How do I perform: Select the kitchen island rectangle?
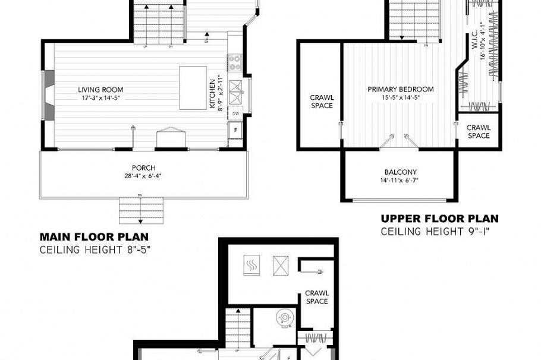pos(193,87)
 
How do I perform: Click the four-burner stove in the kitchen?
pos(234,62)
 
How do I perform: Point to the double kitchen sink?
pos(235,89)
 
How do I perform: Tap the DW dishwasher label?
pos(236,113)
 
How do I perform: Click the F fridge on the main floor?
pos(236,128)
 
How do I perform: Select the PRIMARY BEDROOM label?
pos(400,89)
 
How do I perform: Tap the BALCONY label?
pos(400,172)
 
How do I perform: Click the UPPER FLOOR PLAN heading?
pos(439,219)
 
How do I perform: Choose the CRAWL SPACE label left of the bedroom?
pos(322,101)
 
